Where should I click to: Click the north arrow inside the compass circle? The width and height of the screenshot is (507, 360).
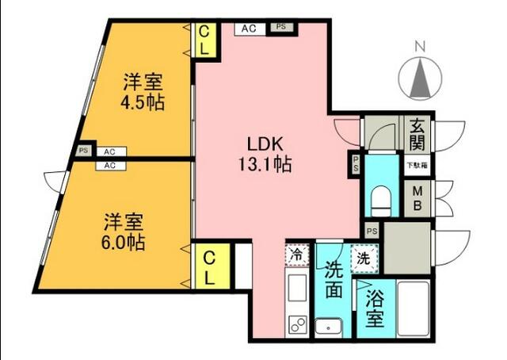(x=420, y=79)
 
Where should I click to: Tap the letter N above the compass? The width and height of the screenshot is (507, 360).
(x=420, y=48)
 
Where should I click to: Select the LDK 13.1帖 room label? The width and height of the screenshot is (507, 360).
(x=265, y=154)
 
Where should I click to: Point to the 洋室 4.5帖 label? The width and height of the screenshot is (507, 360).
(x=143, y=92)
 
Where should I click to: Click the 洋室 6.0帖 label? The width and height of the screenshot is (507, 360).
(x=124, y=232)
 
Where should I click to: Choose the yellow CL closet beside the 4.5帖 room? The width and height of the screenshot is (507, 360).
(x=204, y=40)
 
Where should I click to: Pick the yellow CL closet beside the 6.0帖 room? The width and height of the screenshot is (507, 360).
(x=210, y=266)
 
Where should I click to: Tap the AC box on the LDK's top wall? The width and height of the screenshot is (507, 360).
(x=250, y=29)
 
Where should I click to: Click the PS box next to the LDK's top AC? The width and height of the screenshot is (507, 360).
(x=281, y=27)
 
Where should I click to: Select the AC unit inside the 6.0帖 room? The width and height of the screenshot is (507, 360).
(x=110, y=166)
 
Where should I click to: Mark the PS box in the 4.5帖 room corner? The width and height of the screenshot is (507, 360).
(x=83, y=151)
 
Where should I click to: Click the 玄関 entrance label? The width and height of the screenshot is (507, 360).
(x=417, y=133)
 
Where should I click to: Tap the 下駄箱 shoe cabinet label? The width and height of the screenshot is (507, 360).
(x=417, y=166)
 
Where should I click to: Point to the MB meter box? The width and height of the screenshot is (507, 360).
(x=417, y=198)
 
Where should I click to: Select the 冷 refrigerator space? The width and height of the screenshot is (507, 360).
(x=297, y=255)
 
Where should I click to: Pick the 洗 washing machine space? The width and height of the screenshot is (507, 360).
(x=364, y=259)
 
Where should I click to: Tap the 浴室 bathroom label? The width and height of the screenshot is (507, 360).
(x=375, y=308)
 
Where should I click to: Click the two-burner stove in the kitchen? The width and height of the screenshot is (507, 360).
(x=298, y=324)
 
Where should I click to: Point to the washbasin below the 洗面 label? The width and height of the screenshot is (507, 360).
(x=329, y=327)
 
